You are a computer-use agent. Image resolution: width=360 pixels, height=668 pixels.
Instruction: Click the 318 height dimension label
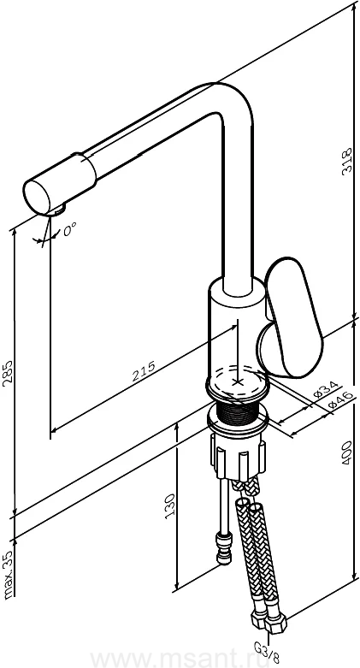point(348,160)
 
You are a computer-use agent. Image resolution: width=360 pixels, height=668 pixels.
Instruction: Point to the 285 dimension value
point(8,374)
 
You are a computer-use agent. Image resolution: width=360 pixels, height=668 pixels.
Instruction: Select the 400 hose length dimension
point(347,452)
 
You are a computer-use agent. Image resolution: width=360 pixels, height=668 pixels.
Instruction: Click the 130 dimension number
point(170,506)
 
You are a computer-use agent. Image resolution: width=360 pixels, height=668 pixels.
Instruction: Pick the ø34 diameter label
point(326,389)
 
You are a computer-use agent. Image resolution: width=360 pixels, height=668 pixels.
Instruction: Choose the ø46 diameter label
point(341,401)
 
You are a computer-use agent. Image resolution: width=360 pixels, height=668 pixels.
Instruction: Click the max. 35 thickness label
point(9,574)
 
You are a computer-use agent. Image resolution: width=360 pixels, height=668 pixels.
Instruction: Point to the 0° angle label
point(69,230)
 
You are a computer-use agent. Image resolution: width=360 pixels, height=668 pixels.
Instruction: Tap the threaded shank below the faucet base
point(237,411)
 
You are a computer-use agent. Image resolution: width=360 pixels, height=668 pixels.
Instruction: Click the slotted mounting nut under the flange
point(238,458)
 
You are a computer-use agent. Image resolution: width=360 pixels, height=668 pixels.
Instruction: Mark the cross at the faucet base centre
point(238,381)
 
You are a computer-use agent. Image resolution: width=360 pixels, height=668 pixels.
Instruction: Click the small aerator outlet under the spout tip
point(56,210)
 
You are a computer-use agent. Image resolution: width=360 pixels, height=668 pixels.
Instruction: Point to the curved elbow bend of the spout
point(233,103)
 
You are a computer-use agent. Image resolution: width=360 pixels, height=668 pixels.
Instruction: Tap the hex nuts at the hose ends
point(269,622)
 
